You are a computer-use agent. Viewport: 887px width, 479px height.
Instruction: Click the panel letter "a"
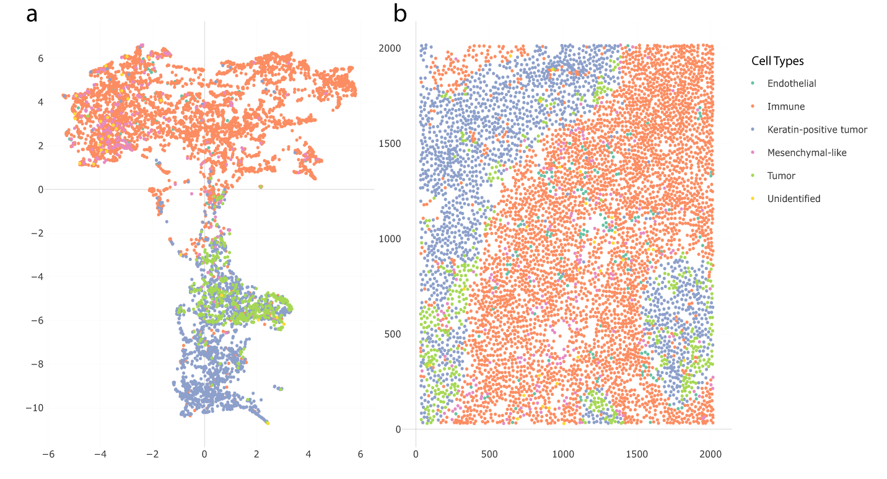pos(32,14)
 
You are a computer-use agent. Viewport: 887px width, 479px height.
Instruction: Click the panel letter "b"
pos(400,14)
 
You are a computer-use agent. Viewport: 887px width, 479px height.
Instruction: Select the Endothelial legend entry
pos(792,83)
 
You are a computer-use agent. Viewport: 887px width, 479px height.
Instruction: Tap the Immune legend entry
pos(786,107)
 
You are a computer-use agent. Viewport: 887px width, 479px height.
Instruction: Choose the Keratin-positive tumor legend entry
pos(817,130)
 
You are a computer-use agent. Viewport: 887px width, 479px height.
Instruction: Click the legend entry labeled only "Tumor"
pos(781,175)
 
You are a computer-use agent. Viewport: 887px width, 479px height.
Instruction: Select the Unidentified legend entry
pos(793,198)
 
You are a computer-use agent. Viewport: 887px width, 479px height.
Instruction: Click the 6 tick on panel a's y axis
pos(40,58)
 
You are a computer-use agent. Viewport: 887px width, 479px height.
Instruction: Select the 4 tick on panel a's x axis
pos(308,454)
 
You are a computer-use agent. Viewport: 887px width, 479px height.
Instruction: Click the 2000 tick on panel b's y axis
pos(390,48)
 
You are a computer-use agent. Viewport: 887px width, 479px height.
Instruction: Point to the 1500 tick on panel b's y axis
pos(390,144)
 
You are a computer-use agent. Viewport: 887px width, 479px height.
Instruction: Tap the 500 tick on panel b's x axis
pos(489,454)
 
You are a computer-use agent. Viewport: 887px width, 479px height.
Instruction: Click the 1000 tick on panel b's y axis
pos(390,239)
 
